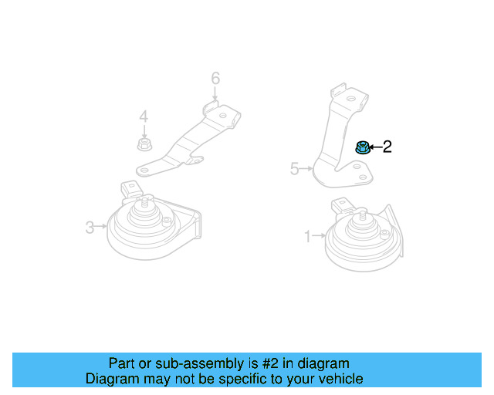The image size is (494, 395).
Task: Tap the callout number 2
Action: tap(387, 147)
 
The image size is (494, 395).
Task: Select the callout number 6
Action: tap(215, 78)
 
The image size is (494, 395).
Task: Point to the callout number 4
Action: tap(143, 116)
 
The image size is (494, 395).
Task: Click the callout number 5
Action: tap(294, 168)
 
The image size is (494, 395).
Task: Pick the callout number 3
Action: tap(90, 227)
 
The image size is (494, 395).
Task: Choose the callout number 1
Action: tap(307, 236)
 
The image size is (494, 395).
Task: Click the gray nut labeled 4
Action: tap(143, 144)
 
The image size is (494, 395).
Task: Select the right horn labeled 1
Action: tap(359, 239)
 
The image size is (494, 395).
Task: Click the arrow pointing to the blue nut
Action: tap(374, 147)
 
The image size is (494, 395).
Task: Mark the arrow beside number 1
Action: tap(318, 236)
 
